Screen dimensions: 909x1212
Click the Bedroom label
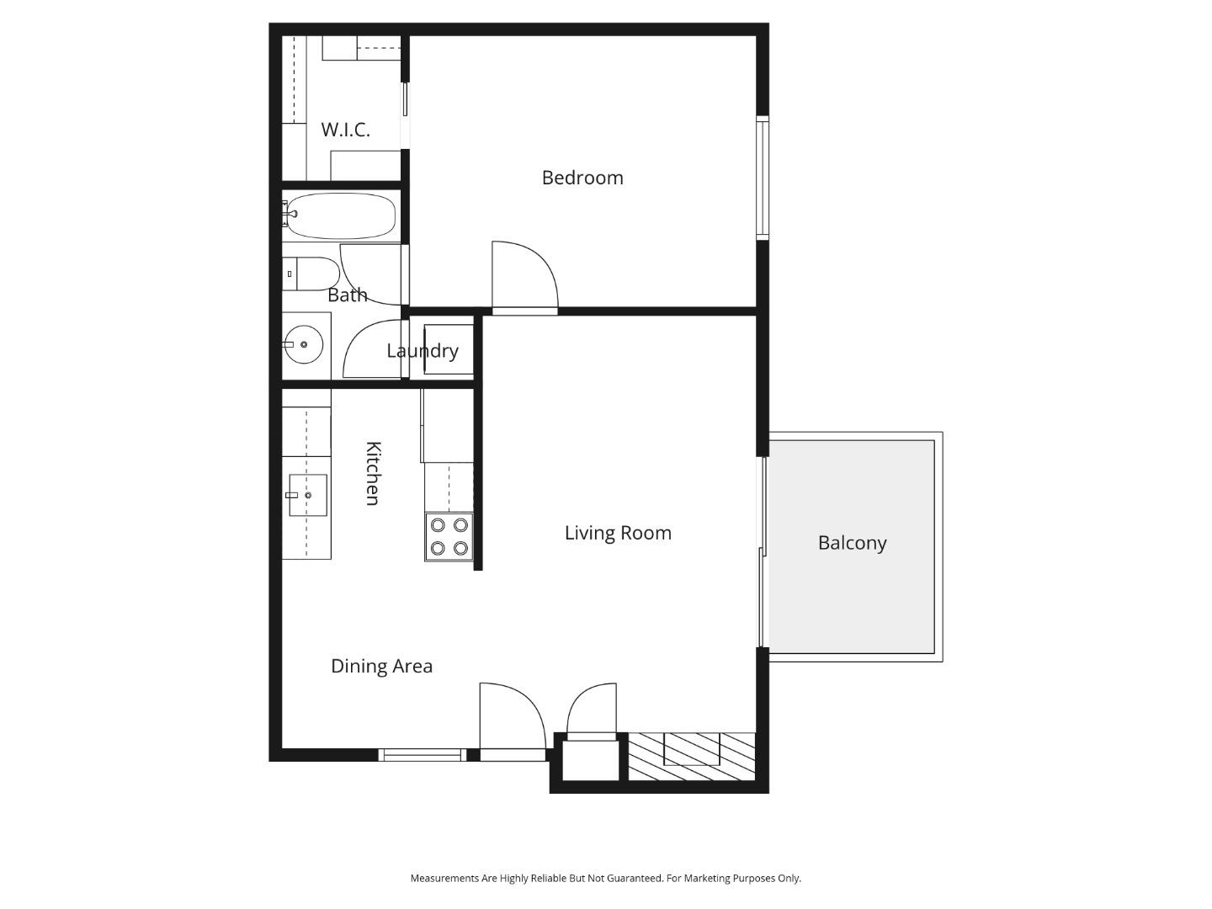coord(582,178)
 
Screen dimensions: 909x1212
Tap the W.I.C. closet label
coord(345,130)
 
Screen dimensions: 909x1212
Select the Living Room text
coord(618,533)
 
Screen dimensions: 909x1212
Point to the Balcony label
coord(852,543)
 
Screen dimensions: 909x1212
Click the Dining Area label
coord(381,666)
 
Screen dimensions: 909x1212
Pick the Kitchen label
coord(373,473)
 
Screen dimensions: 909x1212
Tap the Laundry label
coord(423,351)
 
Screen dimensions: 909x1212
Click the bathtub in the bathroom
coord(341,216)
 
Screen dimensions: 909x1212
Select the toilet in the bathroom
coord(311,274)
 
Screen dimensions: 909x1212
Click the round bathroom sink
coord(303,344)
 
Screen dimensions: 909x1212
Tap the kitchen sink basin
coord(307,495)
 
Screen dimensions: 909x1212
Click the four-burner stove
coord(449,537)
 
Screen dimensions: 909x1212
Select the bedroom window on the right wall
coord(763,178)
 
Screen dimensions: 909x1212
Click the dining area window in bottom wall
coord(422,755)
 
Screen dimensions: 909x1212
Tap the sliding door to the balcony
coord(763,552)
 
